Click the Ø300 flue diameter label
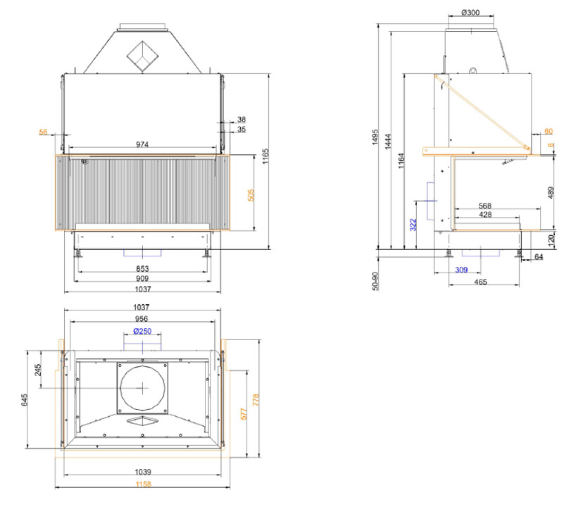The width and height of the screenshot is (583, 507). point(470,12)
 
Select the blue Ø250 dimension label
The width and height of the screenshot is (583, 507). point(142,331)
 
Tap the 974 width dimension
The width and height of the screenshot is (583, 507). point(142,144)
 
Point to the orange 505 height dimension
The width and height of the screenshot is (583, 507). point(251,195)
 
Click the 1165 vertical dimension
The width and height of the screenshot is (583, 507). point(265,156)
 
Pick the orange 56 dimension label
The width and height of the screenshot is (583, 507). point(43,132)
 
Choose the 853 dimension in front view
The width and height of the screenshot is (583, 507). point(142,268)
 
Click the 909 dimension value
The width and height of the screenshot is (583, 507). point(142,278)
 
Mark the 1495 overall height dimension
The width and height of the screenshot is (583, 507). point(375,137)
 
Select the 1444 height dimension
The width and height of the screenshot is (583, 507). point(388,142)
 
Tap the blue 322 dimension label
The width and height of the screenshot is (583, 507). point(413,225)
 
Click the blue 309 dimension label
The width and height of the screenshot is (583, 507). point(461,270)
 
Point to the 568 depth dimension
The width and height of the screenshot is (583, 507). point(485,206)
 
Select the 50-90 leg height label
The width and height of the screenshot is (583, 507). point(375,281)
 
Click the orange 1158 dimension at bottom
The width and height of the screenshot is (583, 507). point(143,484)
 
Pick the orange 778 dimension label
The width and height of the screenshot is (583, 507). point(256,400)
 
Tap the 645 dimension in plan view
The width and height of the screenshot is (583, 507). point(25,400)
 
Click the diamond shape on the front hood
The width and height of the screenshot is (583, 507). point(142,56)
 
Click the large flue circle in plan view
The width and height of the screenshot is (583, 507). point(142,388)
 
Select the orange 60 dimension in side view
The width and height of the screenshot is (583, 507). point(548,131)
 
